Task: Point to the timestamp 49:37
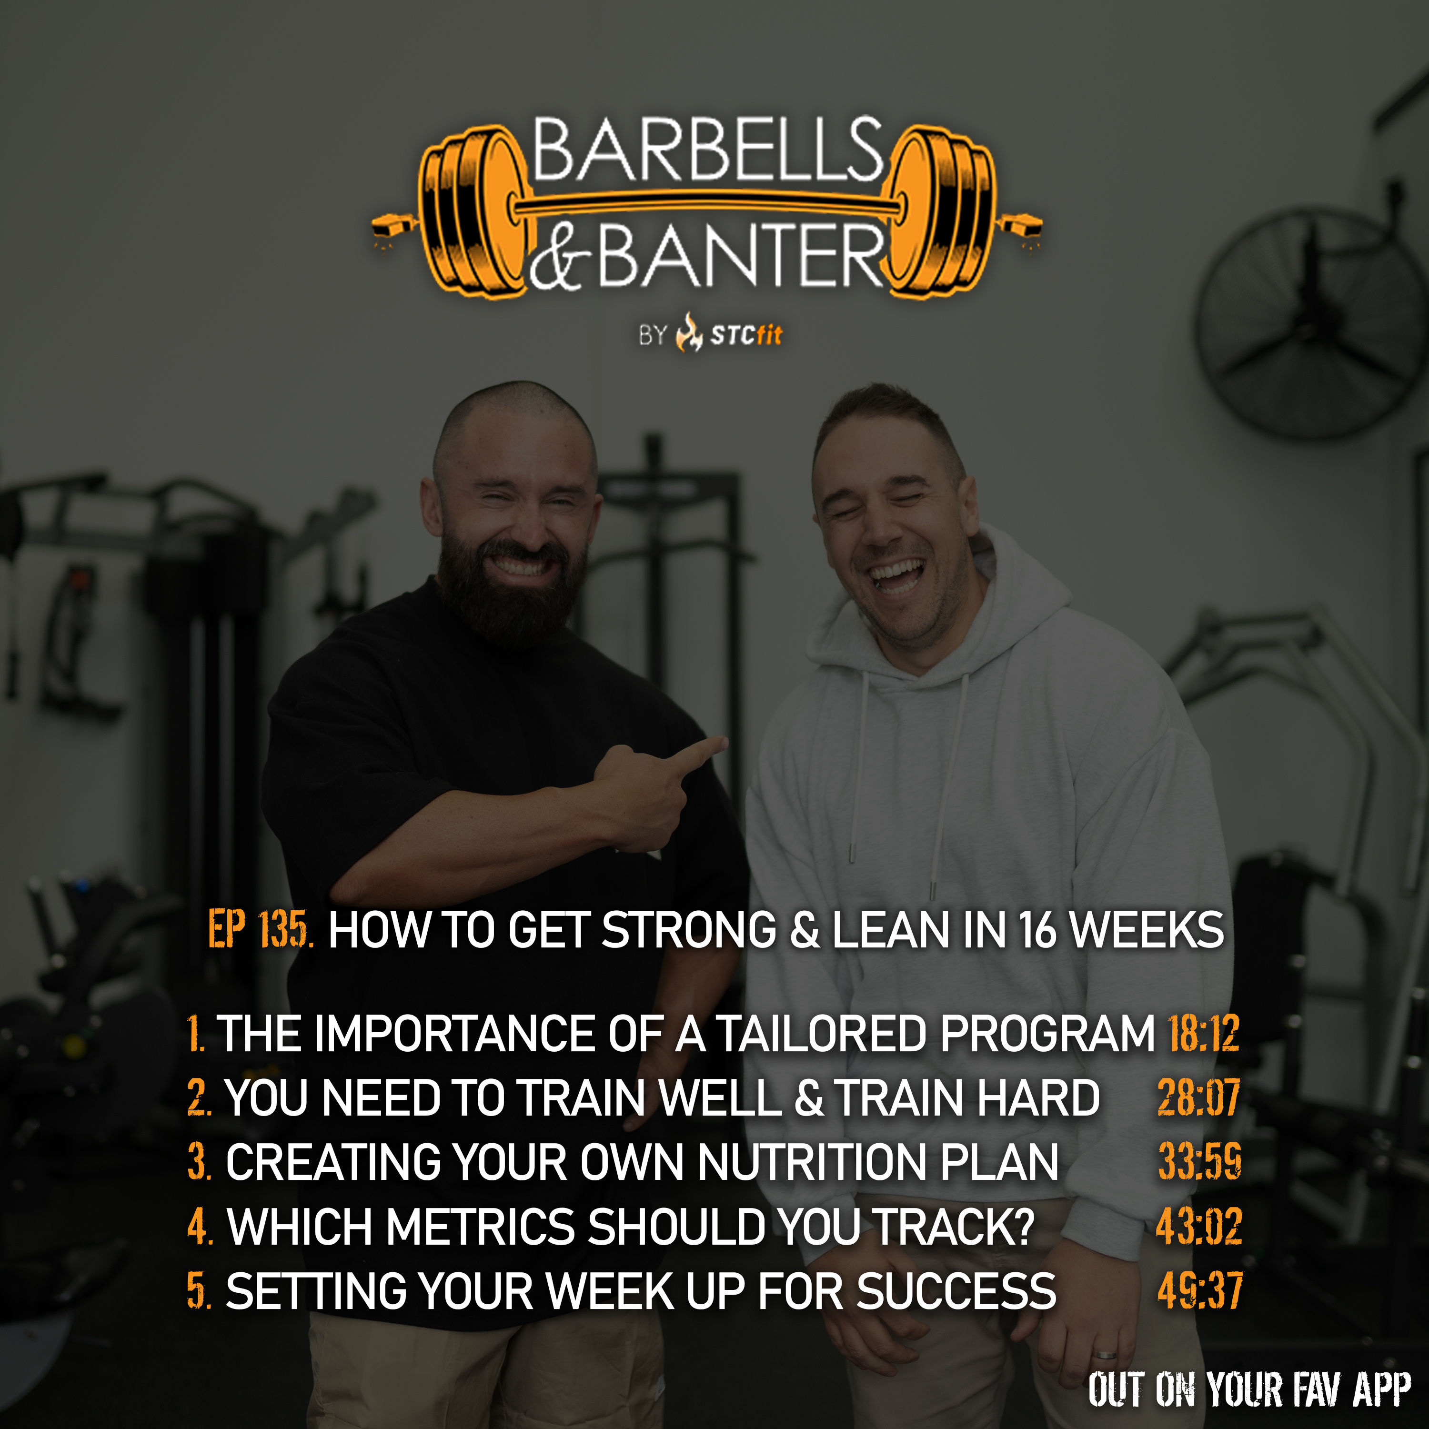(x=1200, y=1291)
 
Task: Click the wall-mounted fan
(x=1308, y=324)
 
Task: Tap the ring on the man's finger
(x=1105, y=1355)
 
